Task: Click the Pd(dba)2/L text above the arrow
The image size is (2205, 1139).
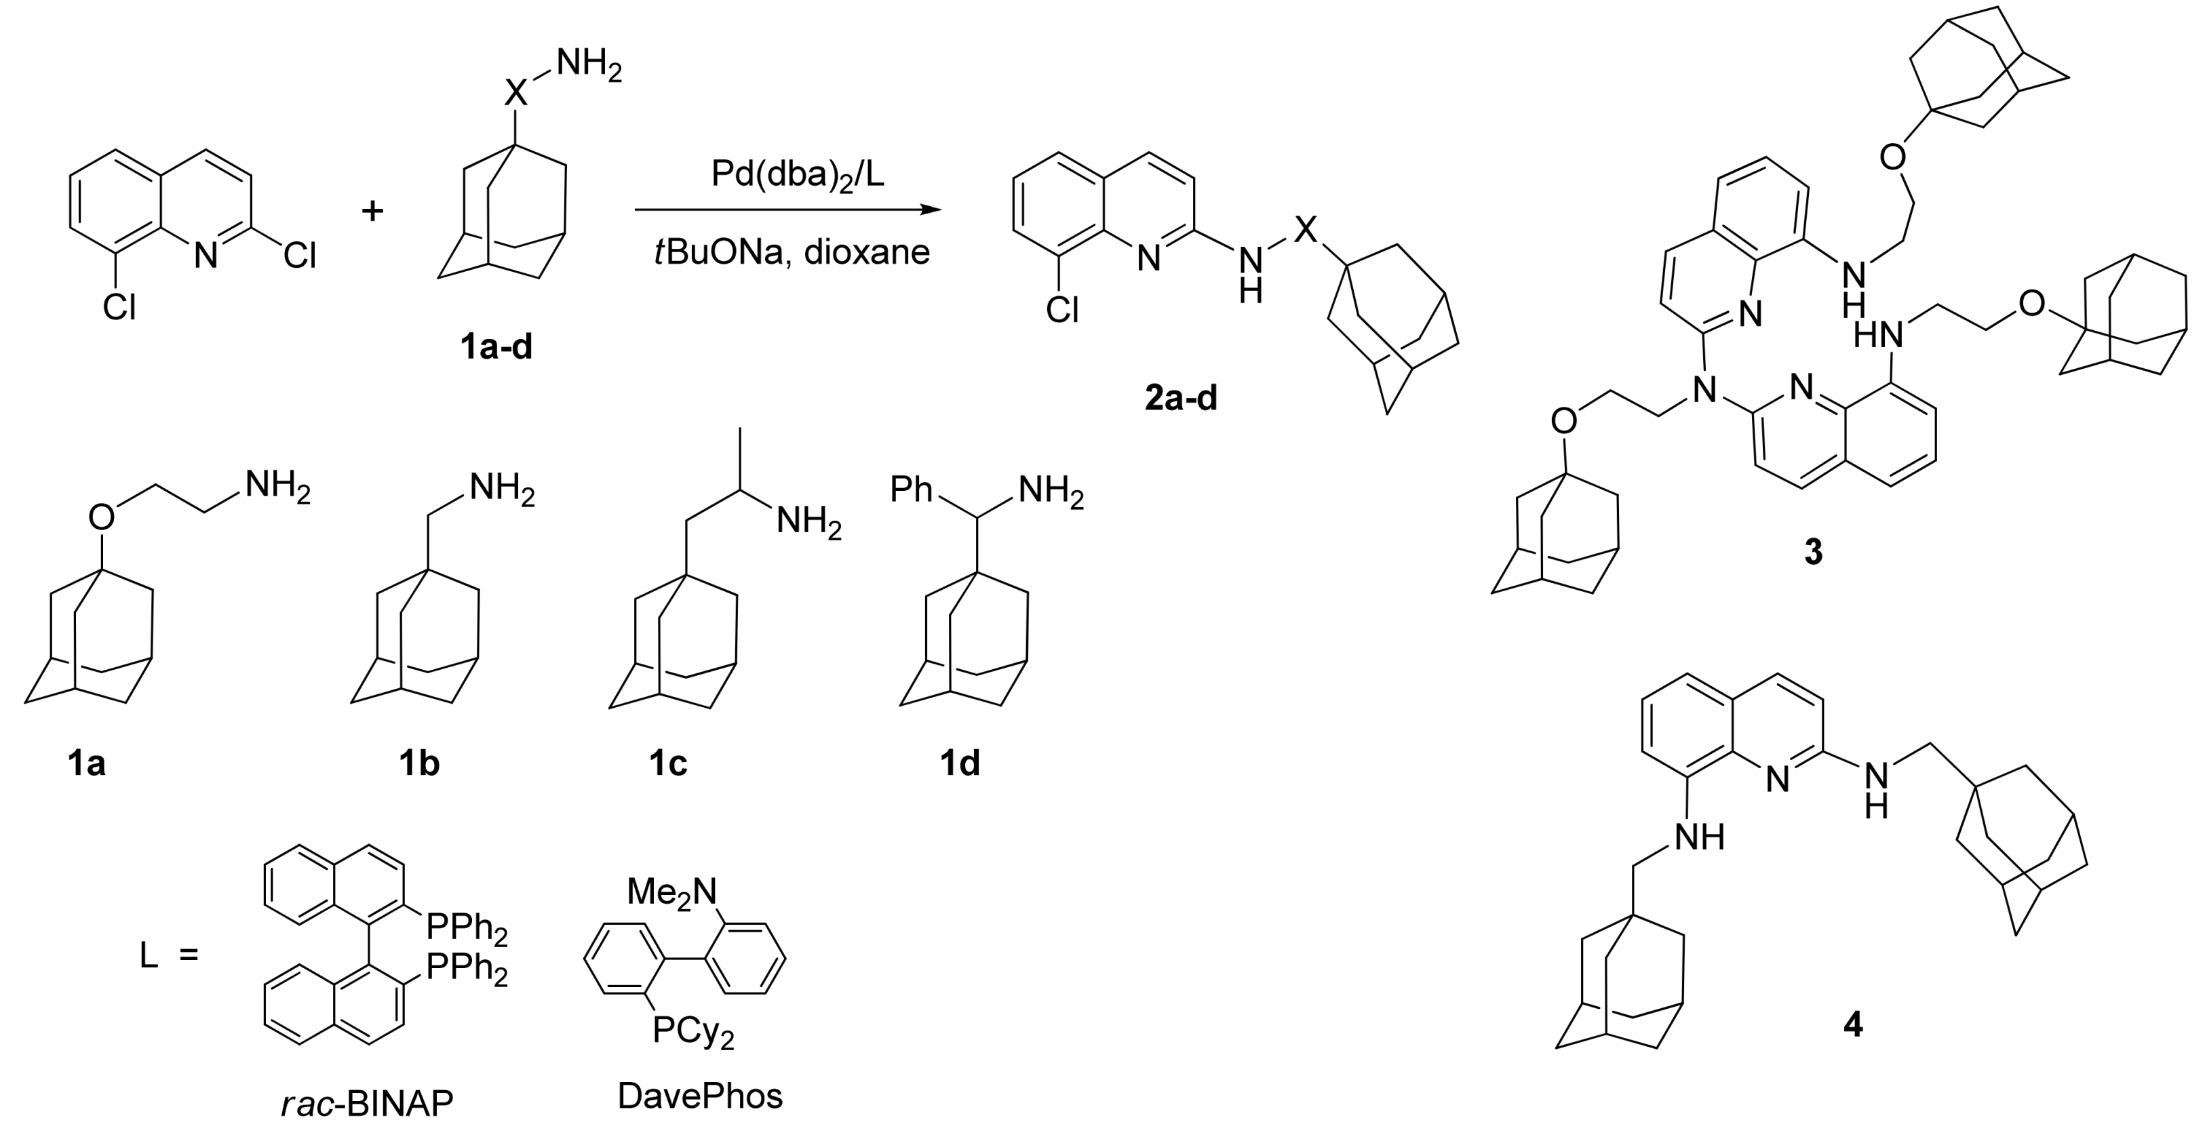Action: (x=798, y=176)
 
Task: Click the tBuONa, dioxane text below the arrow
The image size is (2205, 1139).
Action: (x=792, y=252)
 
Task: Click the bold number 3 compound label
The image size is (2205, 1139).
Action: (x=1813, y=552)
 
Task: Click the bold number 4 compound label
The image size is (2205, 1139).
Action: (x=1852, y=1024)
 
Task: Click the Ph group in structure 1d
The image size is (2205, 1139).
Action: (x=911, y=489)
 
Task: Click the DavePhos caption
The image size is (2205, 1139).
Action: (x=700, y=1096)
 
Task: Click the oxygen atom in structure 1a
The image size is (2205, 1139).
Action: (x=101, y=517)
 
